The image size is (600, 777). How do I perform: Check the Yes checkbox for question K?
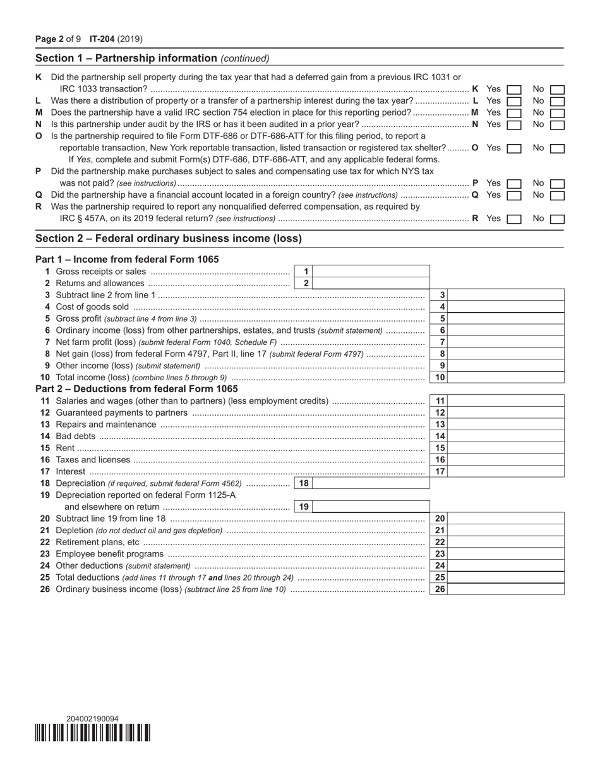pos(514,90)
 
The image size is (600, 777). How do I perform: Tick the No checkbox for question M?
pos(557,113)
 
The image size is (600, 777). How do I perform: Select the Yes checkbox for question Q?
pos(514,196)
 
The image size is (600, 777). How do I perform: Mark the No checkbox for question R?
pos(557,219)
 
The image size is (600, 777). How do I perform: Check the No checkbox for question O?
pos(557,148)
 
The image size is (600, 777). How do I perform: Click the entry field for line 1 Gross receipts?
pos(371,272)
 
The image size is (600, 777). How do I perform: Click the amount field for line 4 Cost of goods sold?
pos(507,307)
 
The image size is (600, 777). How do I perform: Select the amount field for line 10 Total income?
pos(507,378)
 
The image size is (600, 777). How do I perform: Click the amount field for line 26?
pos(507,589)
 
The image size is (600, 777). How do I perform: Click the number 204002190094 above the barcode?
pos(92,719)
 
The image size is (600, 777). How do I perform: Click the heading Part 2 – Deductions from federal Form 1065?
pos(136,389)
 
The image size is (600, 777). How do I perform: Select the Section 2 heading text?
pos(169,239)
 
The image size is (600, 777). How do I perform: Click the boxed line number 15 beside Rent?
pos(440,448)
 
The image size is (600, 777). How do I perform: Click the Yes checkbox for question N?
pos(514,125)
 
